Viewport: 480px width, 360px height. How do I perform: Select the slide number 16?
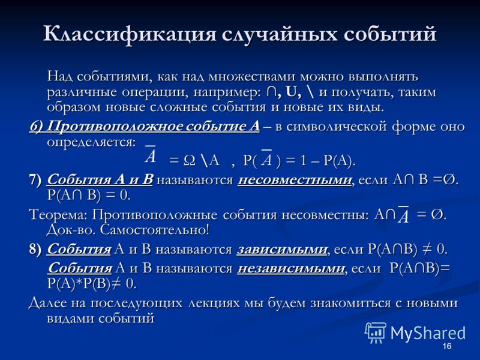click(x=447, y=346)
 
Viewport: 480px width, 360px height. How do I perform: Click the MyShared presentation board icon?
click(x=376, y=332)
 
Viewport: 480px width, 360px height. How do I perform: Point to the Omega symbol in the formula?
click(x=190, y=160)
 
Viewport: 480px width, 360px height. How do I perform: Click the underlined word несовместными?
click(x=295, y=180)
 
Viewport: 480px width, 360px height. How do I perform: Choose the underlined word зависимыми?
click(x=282, y=250)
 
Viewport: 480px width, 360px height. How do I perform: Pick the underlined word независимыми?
click(x=291, y=268)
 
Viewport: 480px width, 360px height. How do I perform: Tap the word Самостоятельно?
click(x=155, y=230)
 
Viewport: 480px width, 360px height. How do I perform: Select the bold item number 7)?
click(x=35, y=180)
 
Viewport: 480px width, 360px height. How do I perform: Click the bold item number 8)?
click(x=35, y=250)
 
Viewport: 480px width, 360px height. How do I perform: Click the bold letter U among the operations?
click(x=291, y=92)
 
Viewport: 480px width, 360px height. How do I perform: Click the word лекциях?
click(x=214, y=303)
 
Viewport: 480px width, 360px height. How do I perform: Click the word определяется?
click(x=91, y=142)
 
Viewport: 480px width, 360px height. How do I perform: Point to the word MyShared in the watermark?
click(x=428, y=333)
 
